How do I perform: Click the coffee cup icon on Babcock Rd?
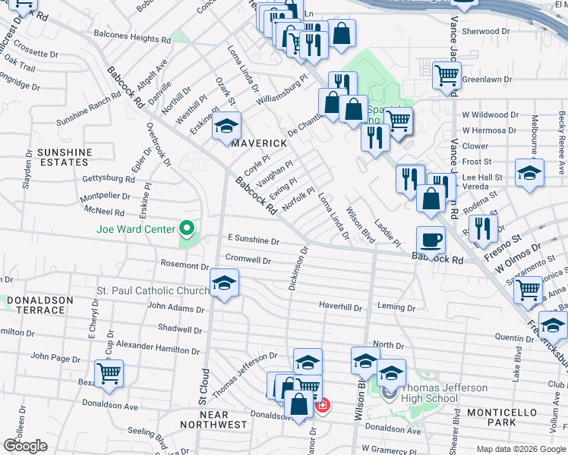click(x=431, y=240)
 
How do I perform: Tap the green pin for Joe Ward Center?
click(x=185, y=228)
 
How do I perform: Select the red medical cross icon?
click(x=323, y=406)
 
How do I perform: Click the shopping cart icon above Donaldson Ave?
click(x=109, y=372)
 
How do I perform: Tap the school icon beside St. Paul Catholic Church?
click(x=223, y=284)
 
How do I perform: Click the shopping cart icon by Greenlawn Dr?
click(x=447, y=74)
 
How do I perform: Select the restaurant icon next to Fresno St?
click(x=482, y=227)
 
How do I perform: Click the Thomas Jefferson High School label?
click(x=435, y=394)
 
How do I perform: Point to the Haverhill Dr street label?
click(x=341, y=306)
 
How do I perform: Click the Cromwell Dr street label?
click(x=248, y=259)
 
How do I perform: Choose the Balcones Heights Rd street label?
click(x=133, y=38)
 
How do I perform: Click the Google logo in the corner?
click(x=25, y=445)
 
